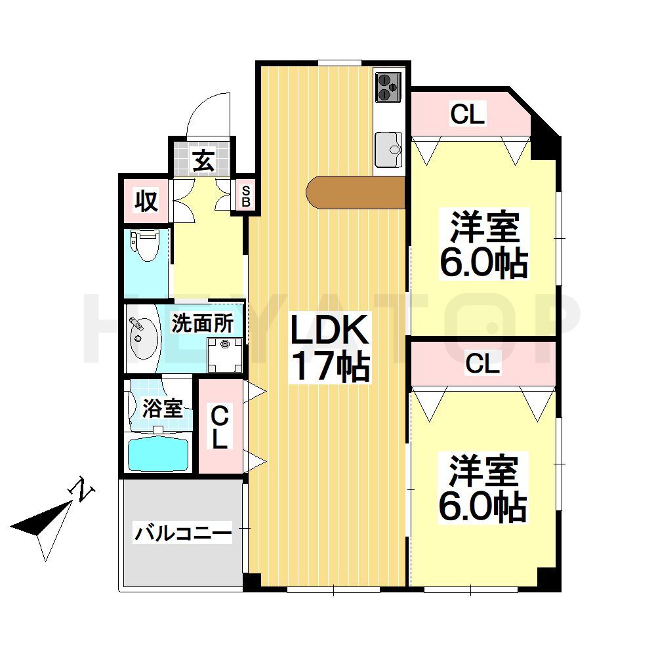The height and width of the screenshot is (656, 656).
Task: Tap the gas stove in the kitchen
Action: click(388, 87)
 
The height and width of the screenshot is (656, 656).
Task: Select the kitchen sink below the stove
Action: click(388, 149)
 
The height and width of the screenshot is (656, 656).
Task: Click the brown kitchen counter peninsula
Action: click(355, 192)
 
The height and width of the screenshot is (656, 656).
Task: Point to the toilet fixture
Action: click(144, 245)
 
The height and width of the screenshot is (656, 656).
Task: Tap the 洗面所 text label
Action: click(201, 323)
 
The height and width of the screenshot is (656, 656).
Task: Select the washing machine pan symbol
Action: click(226, 354)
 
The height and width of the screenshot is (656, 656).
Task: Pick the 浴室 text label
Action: click(162, 409)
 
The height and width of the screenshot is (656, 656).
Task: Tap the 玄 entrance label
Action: click(203, 161)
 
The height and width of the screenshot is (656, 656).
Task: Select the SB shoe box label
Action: click(246, 196)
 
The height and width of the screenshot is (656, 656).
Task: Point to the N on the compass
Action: click(83, 489)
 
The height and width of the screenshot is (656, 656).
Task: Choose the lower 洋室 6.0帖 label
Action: click(483, 488)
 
